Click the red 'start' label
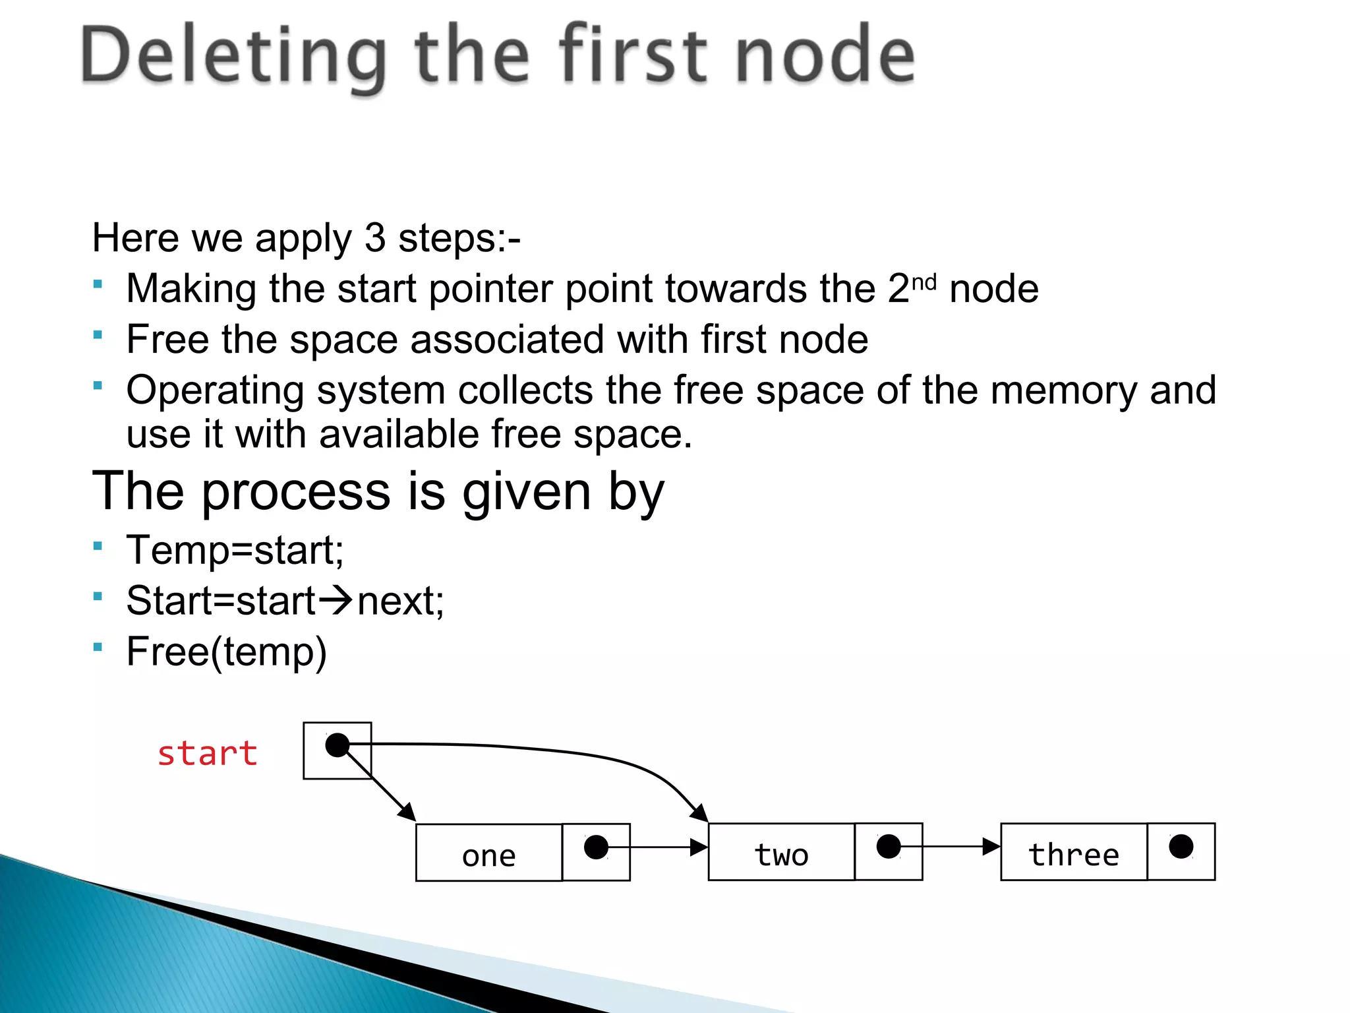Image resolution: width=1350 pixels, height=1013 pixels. coord(207,753)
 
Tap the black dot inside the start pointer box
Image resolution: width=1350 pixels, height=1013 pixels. coord(337,745)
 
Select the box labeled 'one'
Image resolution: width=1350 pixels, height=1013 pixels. coord(488,853)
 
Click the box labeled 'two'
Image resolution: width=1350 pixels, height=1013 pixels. coord(781,852)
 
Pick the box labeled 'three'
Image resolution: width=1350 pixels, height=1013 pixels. coord(1074,852)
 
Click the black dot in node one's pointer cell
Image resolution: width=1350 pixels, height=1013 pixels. coord(596,847)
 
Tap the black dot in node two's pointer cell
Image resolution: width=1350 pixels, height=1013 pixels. coord(889,846)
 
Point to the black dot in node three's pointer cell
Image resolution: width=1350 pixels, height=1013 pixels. coord(1181,846)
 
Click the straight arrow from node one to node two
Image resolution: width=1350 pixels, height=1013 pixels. coord(659,847)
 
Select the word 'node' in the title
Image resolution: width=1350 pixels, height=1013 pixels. coord(824,56)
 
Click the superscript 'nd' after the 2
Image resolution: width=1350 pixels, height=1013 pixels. coord(924,282)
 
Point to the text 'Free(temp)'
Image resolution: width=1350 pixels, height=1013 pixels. coord(226,652)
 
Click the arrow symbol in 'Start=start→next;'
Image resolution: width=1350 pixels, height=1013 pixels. coord(336,600)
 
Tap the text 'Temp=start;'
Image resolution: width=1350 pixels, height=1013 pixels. coord(235,550)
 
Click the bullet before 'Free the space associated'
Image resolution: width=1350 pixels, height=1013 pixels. coord(98,335)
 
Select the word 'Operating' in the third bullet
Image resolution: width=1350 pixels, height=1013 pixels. coord(215,390)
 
